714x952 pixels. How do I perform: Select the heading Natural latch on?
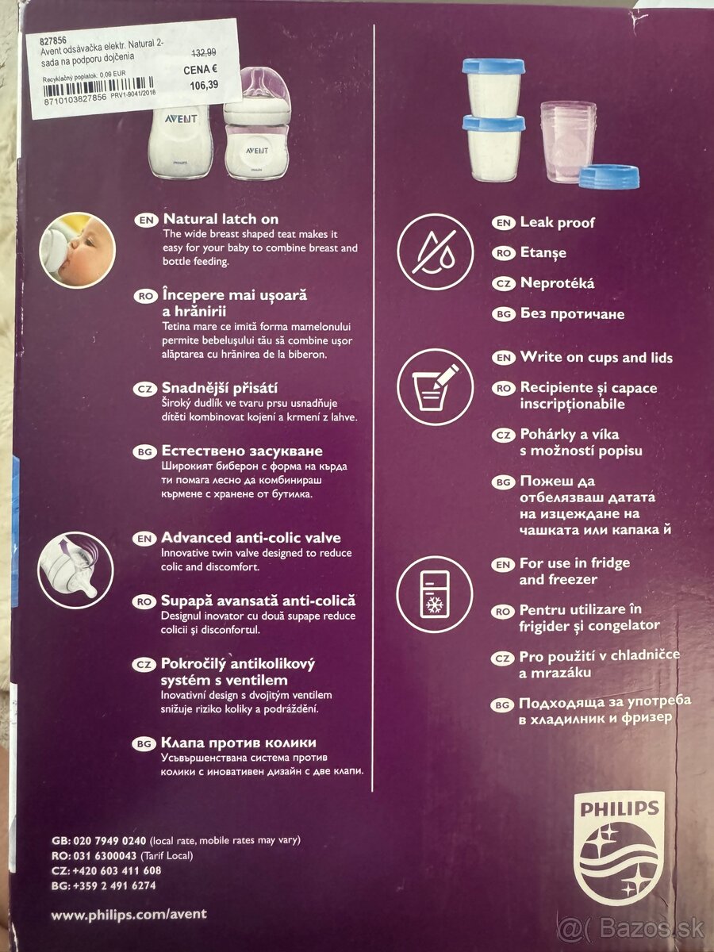pyautogui.click(x=220, y=218)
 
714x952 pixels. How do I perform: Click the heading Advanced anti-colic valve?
pyautogui.click(x=251, y=538)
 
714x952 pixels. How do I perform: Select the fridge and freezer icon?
pyautogui.click(x=434, y=594)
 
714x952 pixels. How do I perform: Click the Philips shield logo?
pyautogui.click(x=618, y=850)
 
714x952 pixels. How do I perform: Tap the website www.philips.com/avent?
pyautogui.click(x=129, y=914)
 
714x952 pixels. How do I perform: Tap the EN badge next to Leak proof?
pyautogui.click(x=503, y=223)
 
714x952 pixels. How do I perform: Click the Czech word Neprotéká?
pyautogui.click(x=557, y=283)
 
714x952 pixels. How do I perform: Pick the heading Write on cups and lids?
pyautogui.click(x=596, y=357)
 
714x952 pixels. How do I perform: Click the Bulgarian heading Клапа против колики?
pyautogui.click(x=239, y=743)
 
